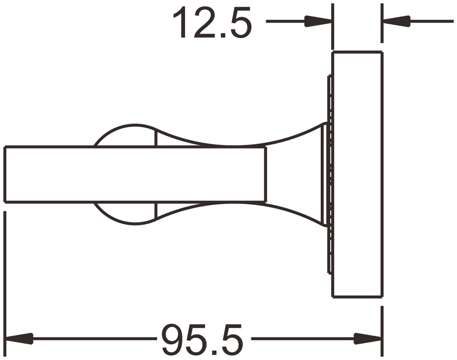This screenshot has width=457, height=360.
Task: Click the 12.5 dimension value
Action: tap(213, 22)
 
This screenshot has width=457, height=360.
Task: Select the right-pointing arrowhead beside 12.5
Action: tap(318, 21)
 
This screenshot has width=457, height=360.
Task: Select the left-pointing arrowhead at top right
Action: tap(397, 21)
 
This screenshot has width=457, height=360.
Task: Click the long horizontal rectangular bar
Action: tap(135, 174)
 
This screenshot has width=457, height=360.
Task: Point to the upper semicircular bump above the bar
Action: tap(126, 135)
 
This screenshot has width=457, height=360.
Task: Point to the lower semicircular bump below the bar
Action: tap(126, 214)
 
